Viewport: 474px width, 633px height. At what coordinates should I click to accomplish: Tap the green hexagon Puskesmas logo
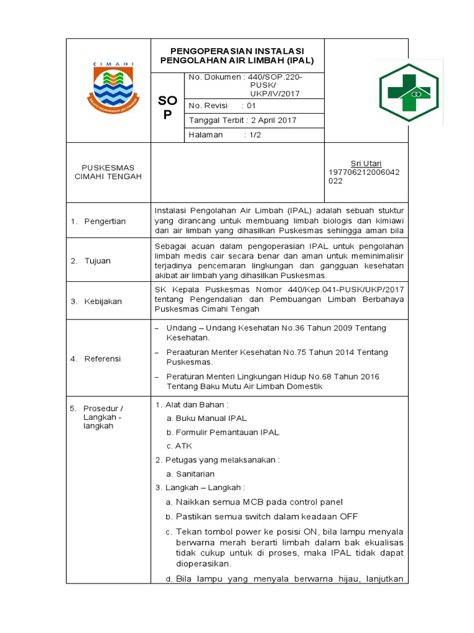409,91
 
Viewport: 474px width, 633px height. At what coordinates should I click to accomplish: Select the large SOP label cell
167,108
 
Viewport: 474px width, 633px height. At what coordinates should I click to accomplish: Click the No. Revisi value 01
252,106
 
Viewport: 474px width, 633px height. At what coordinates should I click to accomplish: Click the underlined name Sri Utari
366,163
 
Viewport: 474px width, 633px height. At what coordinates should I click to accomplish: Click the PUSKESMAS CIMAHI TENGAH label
108,172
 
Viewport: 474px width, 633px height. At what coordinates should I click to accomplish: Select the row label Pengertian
105,221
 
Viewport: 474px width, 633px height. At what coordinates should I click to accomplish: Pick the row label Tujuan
98,261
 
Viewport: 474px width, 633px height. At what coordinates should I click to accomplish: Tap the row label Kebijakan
103,302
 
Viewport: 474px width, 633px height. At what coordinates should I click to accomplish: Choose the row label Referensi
102,359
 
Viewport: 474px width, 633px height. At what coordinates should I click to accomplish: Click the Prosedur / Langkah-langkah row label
104,417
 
